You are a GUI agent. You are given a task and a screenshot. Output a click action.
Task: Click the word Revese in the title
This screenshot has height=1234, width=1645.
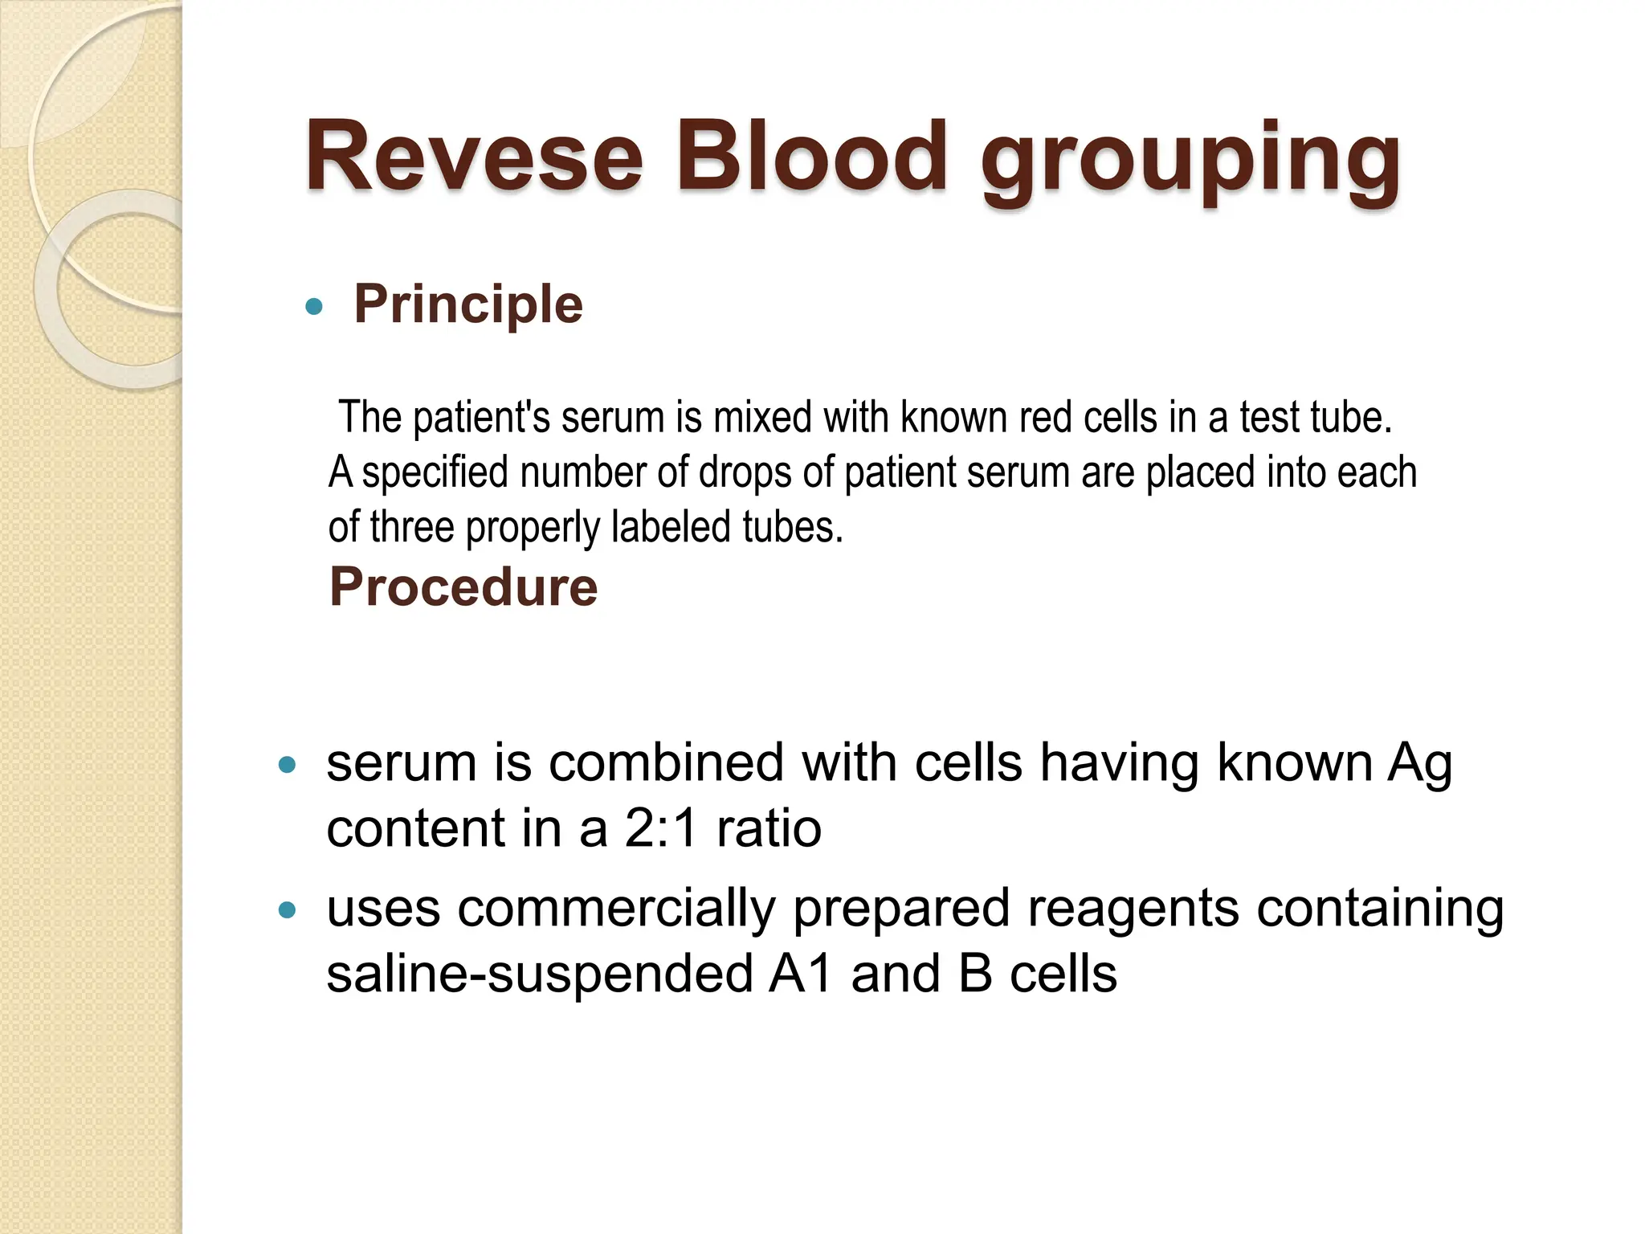pos(474,157)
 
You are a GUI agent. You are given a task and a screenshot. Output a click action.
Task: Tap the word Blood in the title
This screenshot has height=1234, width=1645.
pos(811,157)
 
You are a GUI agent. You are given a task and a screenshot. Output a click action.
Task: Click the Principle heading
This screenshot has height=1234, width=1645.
pos(468,304)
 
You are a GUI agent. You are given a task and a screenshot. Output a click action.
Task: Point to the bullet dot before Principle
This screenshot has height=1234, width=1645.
pos(314,306)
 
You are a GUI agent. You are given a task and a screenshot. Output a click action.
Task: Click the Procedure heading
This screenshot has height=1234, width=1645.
pos(463,587)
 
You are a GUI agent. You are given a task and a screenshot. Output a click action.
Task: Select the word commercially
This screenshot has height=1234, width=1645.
pos(616,909)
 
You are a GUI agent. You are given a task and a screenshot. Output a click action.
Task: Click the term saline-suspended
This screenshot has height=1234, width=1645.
pos(540,975)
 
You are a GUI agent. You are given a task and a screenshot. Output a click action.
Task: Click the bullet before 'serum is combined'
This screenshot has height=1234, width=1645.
pos(287,765)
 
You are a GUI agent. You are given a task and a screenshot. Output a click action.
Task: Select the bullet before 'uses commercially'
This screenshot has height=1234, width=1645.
pos(287,910)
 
